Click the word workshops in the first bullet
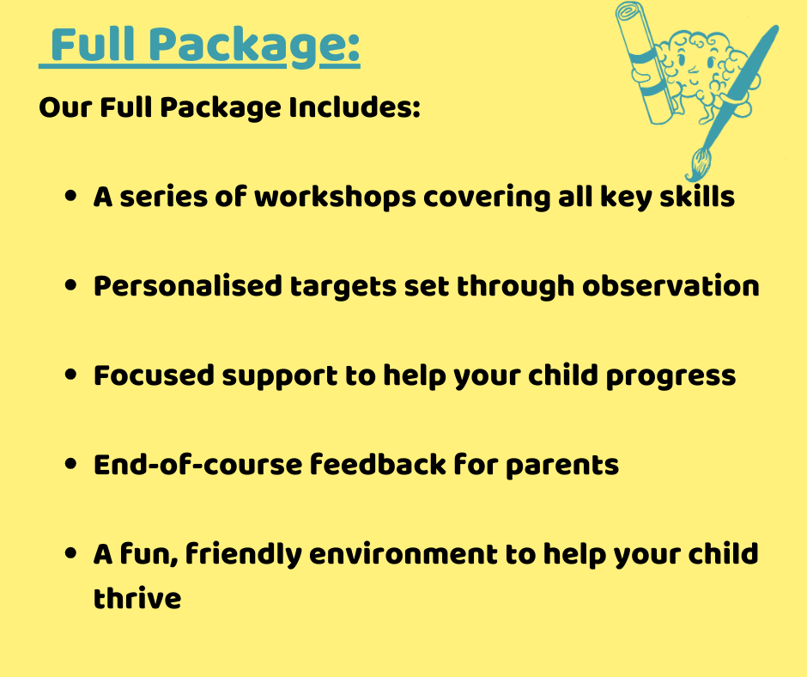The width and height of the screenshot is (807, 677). coord(335,198)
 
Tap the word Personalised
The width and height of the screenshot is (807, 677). coord(188,286)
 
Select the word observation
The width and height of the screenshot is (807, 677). coord(670,286)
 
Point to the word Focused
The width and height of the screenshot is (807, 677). coord(154,375)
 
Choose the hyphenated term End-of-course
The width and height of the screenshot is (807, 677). coord(198,465)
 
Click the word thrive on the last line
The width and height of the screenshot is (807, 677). coord(137,598)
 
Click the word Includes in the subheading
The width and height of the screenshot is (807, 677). coord(354,107)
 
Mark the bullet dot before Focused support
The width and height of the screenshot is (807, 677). coord(71,375)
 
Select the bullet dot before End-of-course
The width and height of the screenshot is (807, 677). coord(71,464)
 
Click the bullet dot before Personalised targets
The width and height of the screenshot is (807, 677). coord(71,285)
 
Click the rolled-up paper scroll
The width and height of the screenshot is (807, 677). coord(646,63)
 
